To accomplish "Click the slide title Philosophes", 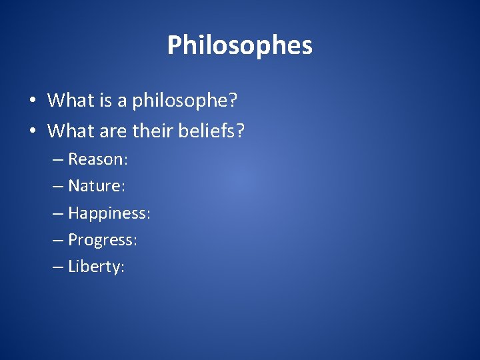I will coord(239,46).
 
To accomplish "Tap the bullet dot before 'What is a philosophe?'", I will coord(32,101).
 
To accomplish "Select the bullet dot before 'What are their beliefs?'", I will coord(32,131).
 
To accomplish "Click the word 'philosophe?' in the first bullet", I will coord(186,101).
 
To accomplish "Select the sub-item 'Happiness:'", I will coord(109,214).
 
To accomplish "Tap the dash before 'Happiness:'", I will coord(58,214).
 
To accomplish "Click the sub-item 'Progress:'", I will coord(103,241).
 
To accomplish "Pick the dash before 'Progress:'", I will coord(58,241).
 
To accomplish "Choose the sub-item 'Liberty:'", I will coord(97,267).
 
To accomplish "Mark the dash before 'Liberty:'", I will coord(58,267).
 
